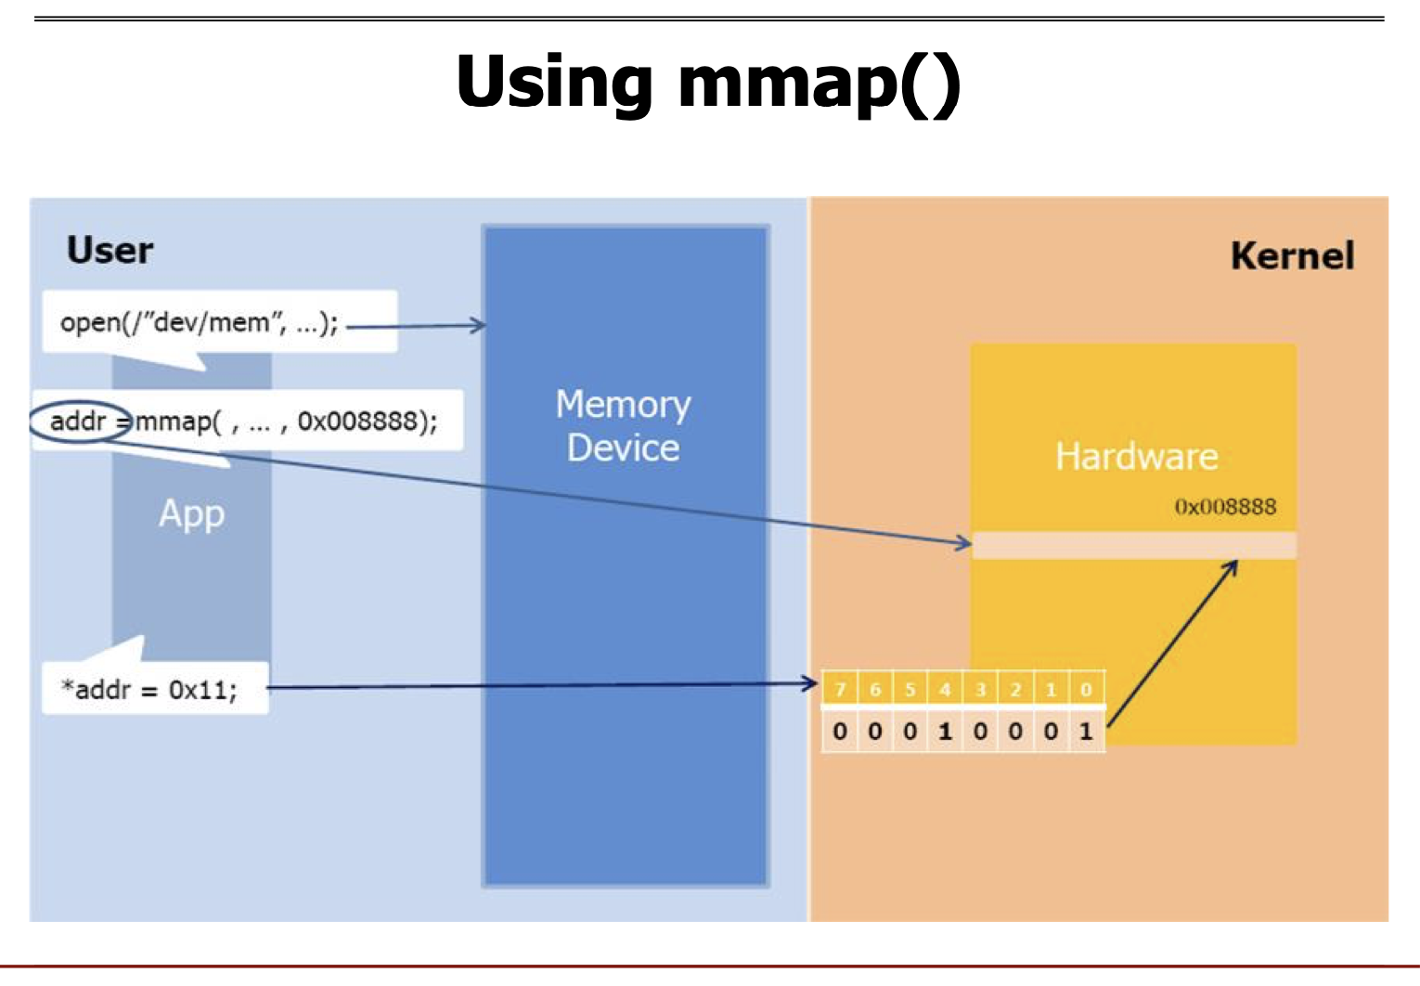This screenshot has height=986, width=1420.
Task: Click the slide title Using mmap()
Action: pos(708,85)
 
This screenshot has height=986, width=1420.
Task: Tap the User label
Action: pos(110,250)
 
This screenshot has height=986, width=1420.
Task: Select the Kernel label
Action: pos(1292,255)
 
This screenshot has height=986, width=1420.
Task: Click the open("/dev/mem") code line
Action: pos(199,322)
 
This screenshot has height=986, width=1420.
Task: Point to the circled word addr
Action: pos(77,421)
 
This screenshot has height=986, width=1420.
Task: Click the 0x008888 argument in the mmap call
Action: pos(357,421)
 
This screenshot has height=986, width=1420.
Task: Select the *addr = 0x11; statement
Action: pos(149,689)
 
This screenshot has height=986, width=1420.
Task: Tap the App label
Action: pos(191,514)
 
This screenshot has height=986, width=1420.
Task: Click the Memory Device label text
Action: pos(623,425)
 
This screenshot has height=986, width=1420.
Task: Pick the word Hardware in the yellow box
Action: pos(1137,456)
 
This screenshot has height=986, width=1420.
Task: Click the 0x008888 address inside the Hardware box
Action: pos(1225,507)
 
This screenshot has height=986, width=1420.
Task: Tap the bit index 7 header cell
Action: pos(840,689)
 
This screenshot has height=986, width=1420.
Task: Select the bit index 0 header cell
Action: pos(1086,689)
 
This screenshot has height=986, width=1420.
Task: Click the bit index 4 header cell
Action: pos(945,689)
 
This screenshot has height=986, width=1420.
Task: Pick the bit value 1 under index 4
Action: pos(945,731)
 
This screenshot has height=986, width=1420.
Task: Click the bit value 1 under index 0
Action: pos(1086,731)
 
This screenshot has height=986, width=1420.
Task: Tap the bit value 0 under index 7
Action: pos(840,731)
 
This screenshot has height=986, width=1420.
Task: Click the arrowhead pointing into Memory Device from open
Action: pos(478,325)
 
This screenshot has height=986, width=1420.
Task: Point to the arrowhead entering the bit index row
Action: pos(809,683)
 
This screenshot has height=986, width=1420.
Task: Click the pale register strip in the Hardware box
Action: pos(1134,545)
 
